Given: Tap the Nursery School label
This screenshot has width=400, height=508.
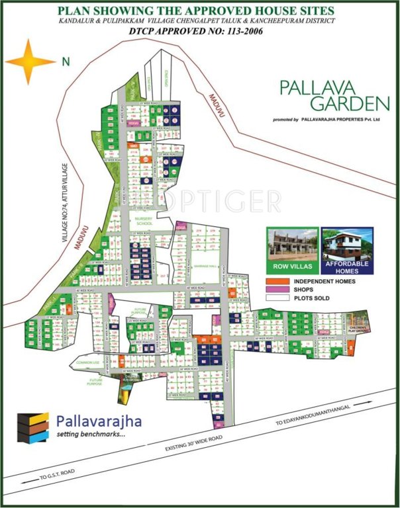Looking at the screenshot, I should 144,221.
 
